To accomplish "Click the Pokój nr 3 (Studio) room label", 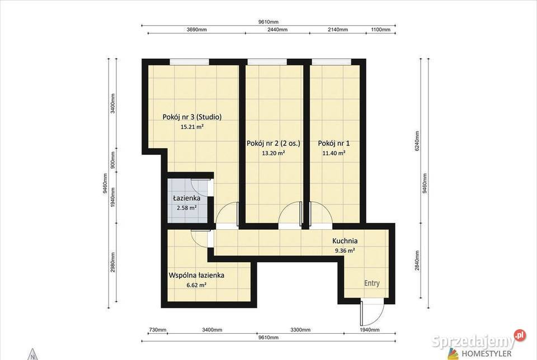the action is click(192, 117).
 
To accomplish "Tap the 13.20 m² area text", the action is click(274, 153).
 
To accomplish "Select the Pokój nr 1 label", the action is click(333, 143).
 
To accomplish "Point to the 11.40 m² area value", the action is click(333, 153).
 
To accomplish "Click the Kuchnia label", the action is click(345, 241).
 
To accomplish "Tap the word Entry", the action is click(371, 283).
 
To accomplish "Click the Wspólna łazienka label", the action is click(196, 275).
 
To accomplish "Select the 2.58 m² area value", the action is click(187, 208).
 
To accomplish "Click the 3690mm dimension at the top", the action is click(196, 30).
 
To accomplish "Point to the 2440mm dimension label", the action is click(277, 30).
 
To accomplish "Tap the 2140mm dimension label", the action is click(338, 30).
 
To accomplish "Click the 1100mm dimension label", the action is click(380, 30).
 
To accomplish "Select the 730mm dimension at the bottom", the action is click(158, 330).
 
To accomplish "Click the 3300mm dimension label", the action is click(300, 330).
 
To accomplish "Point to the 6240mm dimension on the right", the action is click(417, 141).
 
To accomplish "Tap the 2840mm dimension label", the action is click(417, 260).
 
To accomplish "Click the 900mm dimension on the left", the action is click(113, 160).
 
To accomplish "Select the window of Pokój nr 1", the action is click(331, 62).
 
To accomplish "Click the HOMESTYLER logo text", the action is click(487, 353).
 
